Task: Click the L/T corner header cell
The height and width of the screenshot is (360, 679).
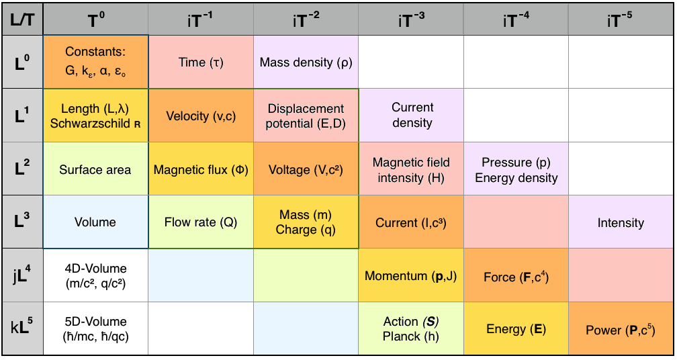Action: click(23, 19)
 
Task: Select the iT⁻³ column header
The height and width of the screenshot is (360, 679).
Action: click(410, 19)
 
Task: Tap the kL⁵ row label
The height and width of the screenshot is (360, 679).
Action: click(23, 328)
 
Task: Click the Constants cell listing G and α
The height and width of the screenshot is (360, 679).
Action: click(95, 62)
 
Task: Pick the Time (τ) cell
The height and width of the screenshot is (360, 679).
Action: click(201, 62)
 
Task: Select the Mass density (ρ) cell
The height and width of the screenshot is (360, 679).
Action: click(306, 62)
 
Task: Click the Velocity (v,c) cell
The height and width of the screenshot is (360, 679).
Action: click(201, 116)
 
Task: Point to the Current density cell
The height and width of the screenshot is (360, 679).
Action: click(412, 116)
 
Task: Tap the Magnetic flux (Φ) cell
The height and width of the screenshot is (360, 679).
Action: click(201, 169)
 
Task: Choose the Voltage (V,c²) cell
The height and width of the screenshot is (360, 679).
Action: click(306, 169)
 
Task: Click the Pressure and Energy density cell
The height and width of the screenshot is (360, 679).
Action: click(516, 169)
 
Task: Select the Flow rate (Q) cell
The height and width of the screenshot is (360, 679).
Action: click(201, 222)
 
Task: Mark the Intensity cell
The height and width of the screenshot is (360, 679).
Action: click(621, 222)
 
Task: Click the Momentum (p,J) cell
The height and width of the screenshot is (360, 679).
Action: click(412, 275)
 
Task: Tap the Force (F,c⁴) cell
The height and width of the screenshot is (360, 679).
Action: click(516, 275)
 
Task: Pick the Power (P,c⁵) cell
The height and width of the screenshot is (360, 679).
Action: click(621, 328)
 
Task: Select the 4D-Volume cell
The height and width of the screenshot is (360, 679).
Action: click(95, 275)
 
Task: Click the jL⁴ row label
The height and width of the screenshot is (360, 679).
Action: click(23, 275)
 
